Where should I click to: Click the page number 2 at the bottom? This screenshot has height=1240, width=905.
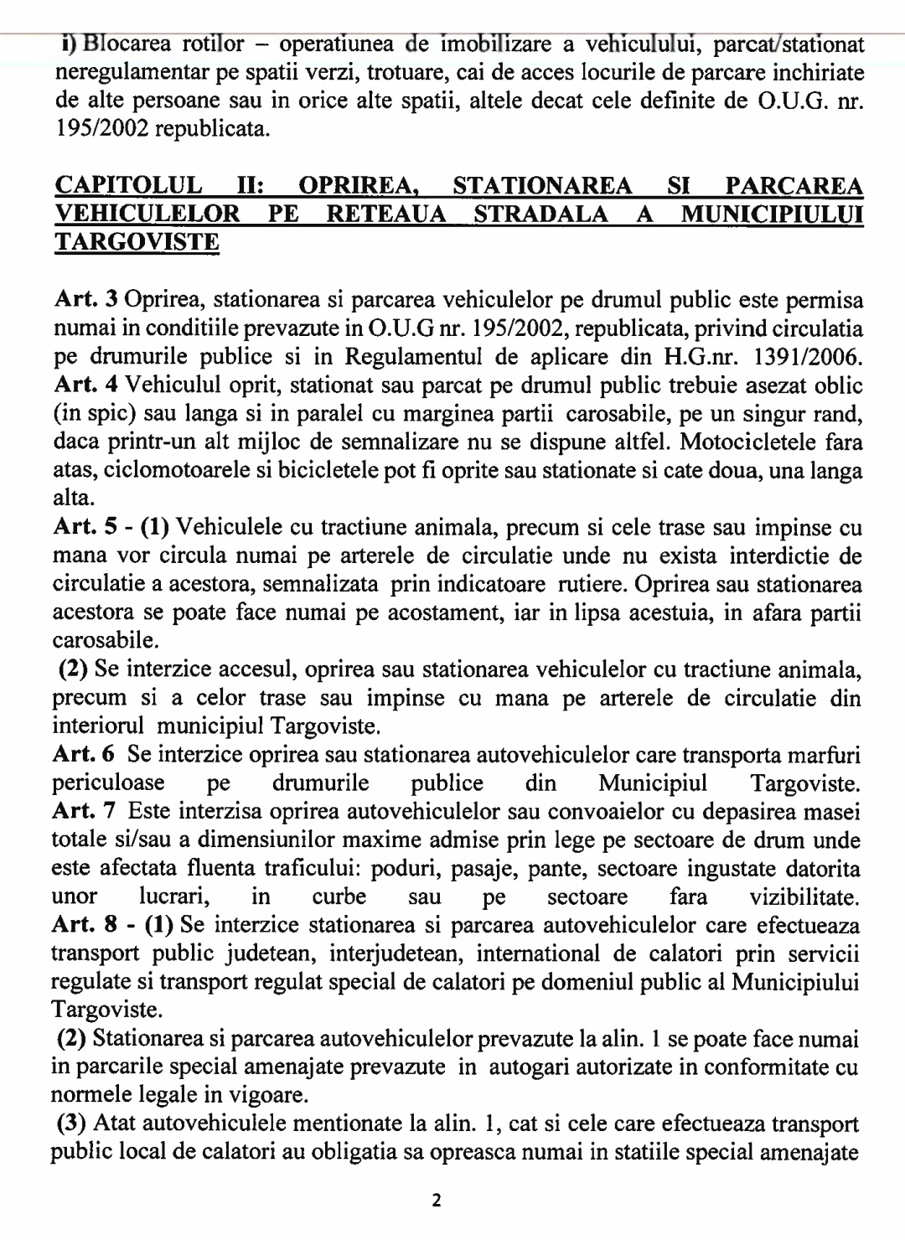coord(437,1200)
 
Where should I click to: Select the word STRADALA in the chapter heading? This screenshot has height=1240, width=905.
coord(541,214)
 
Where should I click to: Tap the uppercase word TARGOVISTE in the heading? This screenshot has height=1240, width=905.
coord(137,243)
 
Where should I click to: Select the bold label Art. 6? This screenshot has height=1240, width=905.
coord(83,755)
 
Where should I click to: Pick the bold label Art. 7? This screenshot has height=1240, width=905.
coord(83,811)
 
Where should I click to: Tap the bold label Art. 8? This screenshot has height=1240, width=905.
coord(83,925)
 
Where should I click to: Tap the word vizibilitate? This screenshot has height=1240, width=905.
coord(804,897)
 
